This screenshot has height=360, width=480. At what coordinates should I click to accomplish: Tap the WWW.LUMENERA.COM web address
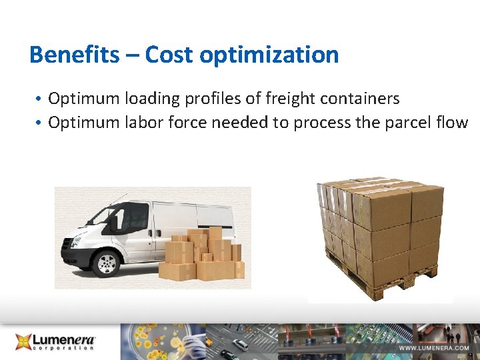434,348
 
